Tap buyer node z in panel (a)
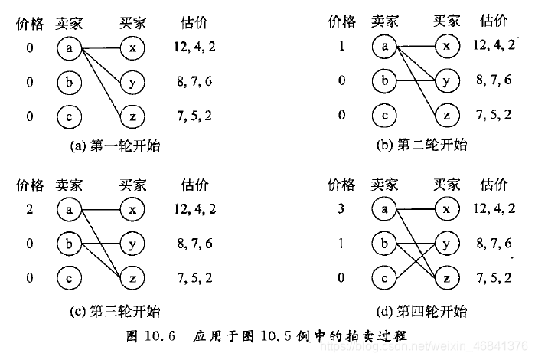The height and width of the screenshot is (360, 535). coord(132,116)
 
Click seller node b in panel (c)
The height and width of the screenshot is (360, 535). coord(69,244)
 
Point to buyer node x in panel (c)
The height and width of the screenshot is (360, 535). coord(132,209)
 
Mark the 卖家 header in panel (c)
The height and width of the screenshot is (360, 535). coord(69,185)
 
